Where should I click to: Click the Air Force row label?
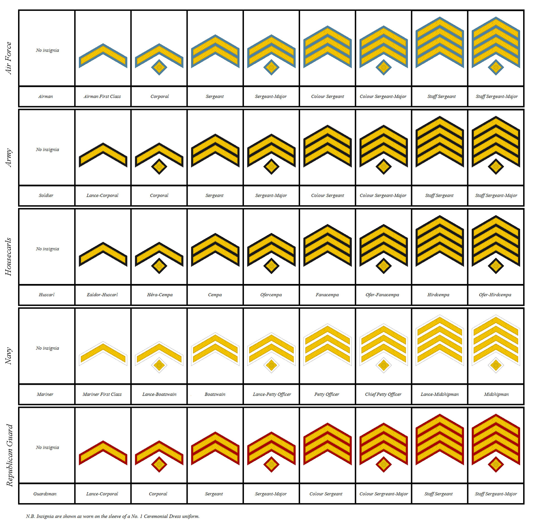[x=8, y=58]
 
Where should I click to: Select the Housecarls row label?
[x=8, y=256]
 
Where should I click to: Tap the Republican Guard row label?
[x=9, y=455]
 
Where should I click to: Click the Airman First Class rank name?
[x=102, y=97]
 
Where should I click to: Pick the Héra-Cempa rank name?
[x=160, y=295]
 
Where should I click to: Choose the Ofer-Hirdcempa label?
[x=495, y=295]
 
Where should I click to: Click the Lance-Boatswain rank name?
[x=159, y=394]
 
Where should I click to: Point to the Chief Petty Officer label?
[x=383, y=394]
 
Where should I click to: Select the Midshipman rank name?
[x=496, y=394]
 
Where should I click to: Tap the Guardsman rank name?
[x=45, y=494]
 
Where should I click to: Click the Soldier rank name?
[x=46, y=195]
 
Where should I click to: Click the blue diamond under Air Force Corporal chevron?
[x=159, y=67]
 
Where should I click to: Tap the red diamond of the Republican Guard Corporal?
[x=159, y=464]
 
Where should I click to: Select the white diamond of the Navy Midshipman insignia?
[x=496, y=365]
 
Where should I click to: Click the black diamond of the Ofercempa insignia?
[x=271, y=266]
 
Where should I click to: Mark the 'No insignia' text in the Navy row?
[x=47, y=348]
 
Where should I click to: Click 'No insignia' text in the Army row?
[x=47, y=150]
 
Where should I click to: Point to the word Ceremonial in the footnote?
[x=156, y=516]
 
